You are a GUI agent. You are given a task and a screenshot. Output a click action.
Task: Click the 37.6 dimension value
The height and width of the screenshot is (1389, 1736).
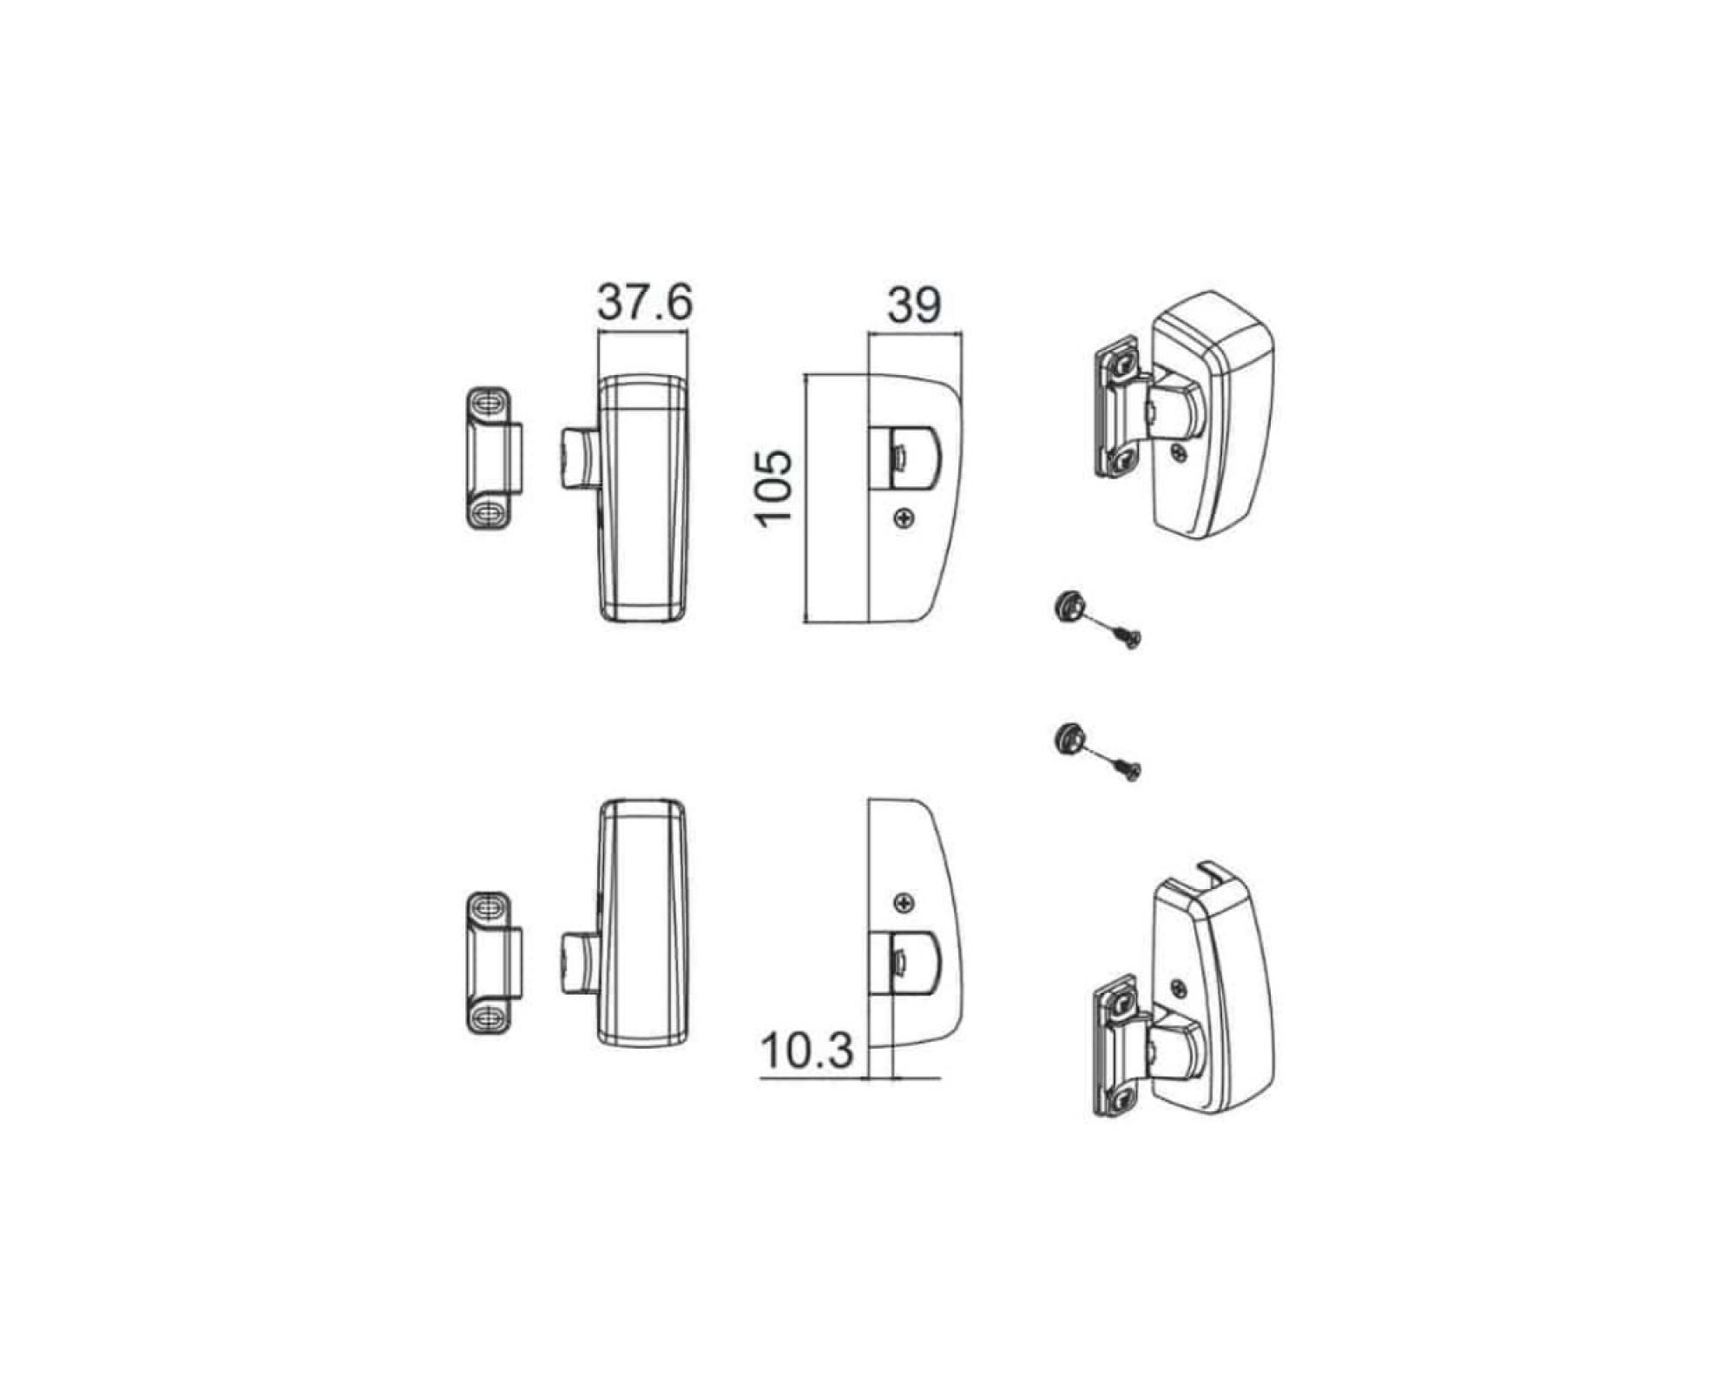pyautogui.click(x=644, y=302)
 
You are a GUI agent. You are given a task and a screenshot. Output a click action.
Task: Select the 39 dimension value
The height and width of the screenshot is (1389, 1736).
pyautogui.click(x=914, y=305)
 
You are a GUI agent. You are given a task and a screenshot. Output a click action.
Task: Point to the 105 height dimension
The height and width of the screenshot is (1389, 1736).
pyautogui.click(x=774, y=486)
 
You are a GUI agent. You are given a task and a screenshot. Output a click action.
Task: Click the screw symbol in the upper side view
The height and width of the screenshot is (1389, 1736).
pyautogui.click(x=904, y=519)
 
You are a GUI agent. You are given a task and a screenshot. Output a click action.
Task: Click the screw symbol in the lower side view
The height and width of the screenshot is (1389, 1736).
pyautogui.click(x=904, y=905)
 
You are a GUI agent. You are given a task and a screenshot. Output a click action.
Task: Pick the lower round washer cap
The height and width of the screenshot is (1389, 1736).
pyautogui.click(x=1065, y=740)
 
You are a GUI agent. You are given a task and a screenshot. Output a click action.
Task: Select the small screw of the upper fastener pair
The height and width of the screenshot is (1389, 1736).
pyautogui.click(x=1127, y=638)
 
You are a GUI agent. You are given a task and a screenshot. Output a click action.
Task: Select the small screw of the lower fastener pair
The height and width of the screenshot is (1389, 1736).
pyautogui.click(x=1127, y=769)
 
